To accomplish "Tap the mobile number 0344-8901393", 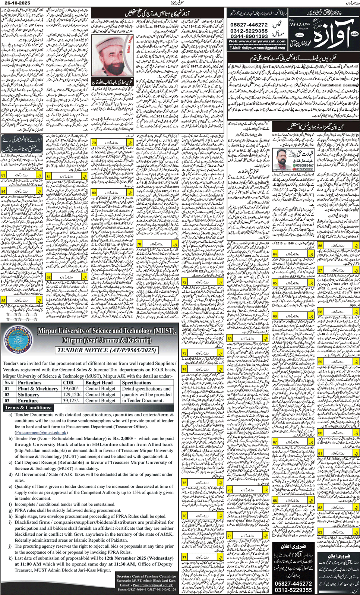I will (249, 36).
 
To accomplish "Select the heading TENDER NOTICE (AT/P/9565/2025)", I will (106, 350).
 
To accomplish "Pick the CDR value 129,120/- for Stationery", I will (72, 394).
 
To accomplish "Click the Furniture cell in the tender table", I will (28, 401).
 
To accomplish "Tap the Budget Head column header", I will (99, 382).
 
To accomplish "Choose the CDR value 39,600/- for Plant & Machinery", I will (72, 388).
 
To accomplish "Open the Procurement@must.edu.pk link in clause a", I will (41, 432).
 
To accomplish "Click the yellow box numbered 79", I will (94, 143).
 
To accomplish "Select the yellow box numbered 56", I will (320, 246).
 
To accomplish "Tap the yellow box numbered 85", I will (3, 300).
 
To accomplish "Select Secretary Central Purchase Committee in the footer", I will (146, 576).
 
